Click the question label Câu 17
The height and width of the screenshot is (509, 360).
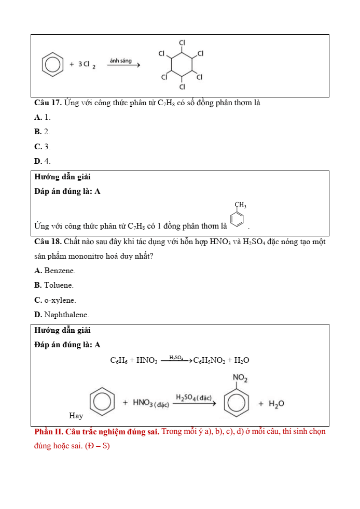pos(48,103)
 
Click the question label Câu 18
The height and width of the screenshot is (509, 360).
pos(48,242)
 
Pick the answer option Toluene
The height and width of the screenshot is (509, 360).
pos(54,285)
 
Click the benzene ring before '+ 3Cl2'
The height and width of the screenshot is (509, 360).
pos(52,65)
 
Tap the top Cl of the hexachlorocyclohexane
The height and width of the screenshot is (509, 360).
pos(182,42)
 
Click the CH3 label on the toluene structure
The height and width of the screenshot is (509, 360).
pos(240,205)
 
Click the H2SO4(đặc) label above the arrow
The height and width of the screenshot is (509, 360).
pos(193,398)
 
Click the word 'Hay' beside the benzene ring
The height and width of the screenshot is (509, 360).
pos(76,416)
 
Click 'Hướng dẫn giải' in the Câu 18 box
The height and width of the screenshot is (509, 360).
pos(62,330)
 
